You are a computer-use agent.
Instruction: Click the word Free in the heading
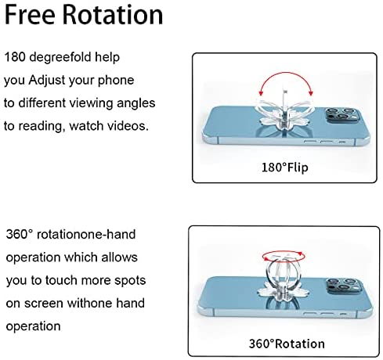tap(30, 15)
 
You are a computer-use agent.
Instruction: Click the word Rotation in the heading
tap(113, 15)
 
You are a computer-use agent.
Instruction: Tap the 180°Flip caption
tap(285, 167)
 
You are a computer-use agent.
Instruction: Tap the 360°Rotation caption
tap(287, 344)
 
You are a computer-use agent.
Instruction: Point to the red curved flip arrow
tap(286, 73)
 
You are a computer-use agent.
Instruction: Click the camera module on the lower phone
tap(343, 286)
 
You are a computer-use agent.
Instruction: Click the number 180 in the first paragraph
tap(15, 57)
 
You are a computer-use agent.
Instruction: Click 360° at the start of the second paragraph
tap(20, 234)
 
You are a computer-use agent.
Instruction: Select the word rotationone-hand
tap(86, 234)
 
